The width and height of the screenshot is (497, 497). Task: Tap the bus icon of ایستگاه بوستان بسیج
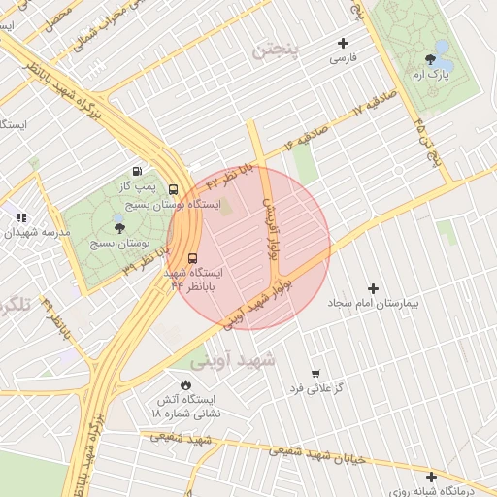(x=173, y=189)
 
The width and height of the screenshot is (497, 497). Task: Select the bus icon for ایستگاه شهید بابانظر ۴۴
(x=191, y=258)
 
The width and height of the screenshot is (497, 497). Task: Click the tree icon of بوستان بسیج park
(x=119, y=227)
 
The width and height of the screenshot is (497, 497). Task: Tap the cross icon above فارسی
(x=343, y=43)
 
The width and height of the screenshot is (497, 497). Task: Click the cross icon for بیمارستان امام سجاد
(x=374, y=288)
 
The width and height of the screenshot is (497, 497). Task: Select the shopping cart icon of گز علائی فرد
(x=315, y=373)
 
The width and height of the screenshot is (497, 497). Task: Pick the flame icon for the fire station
(x=185, y=384)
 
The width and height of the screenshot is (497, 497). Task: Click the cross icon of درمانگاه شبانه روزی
(x=431, y=477)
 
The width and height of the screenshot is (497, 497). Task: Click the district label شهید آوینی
(x=233, y=360)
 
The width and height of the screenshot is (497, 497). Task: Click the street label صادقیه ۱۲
(x=371, y=106)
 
